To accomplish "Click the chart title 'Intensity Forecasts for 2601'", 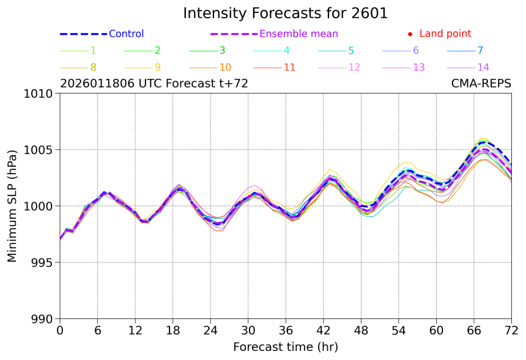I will (x=285, y=13).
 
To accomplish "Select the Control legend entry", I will (x=126, y=34).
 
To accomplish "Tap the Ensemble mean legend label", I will (x=298, y=34).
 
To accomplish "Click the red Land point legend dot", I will (x=410, y=34).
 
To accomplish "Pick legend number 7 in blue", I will (x=480, y=51).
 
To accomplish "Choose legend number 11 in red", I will (x=290, y=67).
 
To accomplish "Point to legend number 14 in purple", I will (x=483, y=67).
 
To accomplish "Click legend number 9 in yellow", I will (x=157, y=67).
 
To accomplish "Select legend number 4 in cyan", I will (x=286, y=51).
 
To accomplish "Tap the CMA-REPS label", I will (x=481, y=84).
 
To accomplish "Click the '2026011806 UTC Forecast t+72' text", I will (x=154, y=84).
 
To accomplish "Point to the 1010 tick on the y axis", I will (x=40, y=94).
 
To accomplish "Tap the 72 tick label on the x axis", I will (x=511, y=331).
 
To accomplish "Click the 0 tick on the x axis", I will (x=60, y=331).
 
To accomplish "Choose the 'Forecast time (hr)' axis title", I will (x=285, y=347).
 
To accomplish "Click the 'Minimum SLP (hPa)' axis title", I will (x=12, y=206).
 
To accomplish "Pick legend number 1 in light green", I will (x=93, y=51).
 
